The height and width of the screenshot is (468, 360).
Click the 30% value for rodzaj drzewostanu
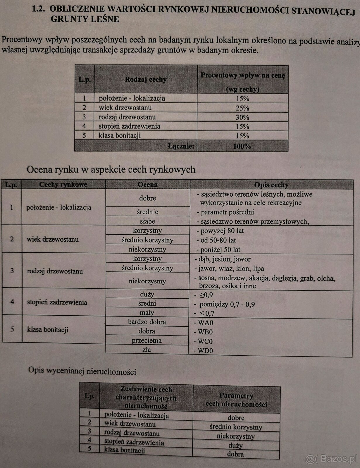[242, 117]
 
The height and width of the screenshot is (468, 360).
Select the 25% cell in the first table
[242, 108]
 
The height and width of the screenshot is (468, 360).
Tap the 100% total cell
[242, 146]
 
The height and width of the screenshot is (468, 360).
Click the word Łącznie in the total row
[181, 146]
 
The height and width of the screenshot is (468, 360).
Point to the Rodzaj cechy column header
[146, 79]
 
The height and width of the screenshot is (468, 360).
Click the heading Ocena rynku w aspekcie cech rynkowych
[111, 169]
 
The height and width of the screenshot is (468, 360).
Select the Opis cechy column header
[271, 185]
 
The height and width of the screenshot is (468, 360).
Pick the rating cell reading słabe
[147, 221]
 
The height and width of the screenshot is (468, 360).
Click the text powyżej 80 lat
[222, 231]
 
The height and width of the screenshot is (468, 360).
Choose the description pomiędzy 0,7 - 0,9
[227, 304]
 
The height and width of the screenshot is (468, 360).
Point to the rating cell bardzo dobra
[147, 322]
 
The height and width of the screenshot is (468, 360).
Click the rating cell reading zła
[147, 349]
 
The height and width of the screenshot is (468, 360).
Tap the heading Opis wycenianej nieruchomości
[82, 371]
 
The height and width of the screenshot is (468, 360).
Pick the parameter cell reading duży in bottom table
[235, 445]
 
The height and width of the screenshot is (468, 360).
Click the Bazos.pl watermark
[332, 459]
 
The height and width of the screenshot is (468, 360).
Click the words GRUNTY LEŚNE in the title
[85, 19]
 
